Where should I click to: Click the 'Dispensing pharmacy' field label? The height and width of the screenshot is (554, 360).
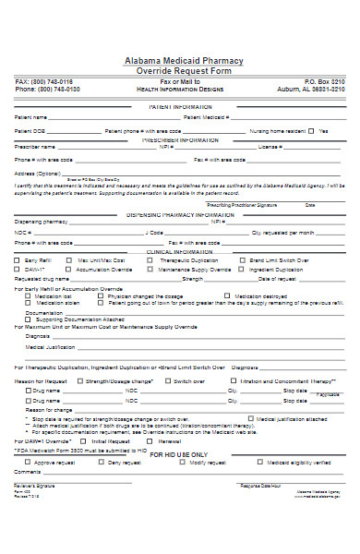pyautogui.click(x=42, y=222)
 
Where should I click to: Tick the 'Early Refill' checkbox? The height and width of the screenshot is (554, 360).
pyautogui.click(x=18, y=260)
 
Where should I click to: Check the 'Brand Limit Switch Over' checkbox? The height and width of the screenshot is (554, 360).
pyautogui.click(x=244, y=260)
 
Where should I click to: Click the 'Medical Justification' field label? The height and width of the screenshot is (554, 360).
pyautogui.click(x=51, y=347)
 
